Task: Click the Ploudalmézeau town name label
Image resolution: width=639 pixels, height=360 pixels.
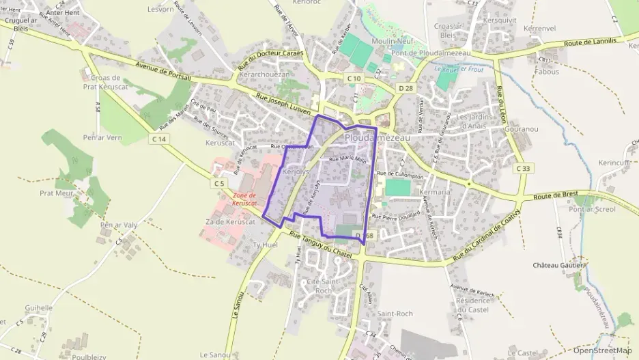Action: click(x=378, y=138)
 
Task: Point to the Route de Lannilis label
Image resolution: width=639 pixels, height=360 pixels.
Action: click(x=591, y=42)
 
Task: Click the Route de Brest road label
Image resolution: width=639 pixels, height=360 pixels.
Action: click(x=555, y=195)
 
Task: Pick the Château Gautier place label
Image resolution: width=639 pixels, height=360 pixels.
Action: click(x=559, y=265)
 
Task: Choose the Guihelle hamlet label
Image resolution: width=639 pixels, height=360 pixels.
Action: click(x=38, y=308)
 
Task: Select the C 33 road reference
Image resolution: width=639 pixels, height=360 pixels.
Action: click(x=523, y=168)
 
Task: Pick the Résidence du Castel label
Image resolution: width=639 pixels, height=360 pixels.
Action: click(x=473, y=305)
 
